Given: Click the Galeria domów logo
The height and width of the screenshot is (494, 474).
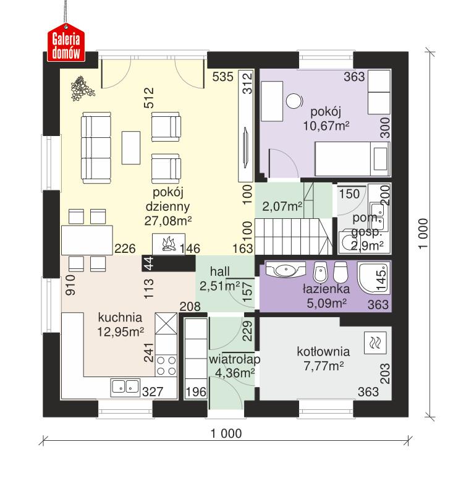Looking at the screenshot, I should click(x=66, y=45).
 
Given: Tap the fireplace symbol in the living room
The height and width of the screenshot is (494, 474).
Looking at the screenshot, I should click(x=166, y=245).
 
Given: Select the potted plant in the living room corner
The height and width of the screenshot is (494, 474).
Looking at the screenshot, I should click(x=82, y=88).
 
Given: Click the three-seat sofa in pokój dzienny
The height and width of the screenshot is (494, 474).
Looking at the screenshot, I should click(x=94, y=147).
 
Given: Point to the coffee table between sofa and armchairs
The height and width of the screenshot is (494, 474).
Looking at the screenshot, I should click(x=130, y=147).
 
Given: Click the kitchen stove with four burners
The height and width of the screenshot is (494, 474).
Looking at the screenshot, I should click(x=166, y=365).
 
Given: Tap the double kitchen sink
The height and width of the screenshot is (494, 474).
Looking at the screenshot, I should click(x=125, y=387).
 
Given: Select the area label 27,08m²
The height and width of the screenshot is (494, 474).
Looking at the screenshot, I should click(x=167, y=219).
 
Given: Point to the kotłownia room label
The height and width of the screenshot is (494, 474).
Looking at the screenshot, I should click(x=323, y=352).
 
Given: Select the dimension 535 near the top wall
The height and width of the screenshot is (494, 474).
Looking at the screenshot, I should click(x=222, y=77).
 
